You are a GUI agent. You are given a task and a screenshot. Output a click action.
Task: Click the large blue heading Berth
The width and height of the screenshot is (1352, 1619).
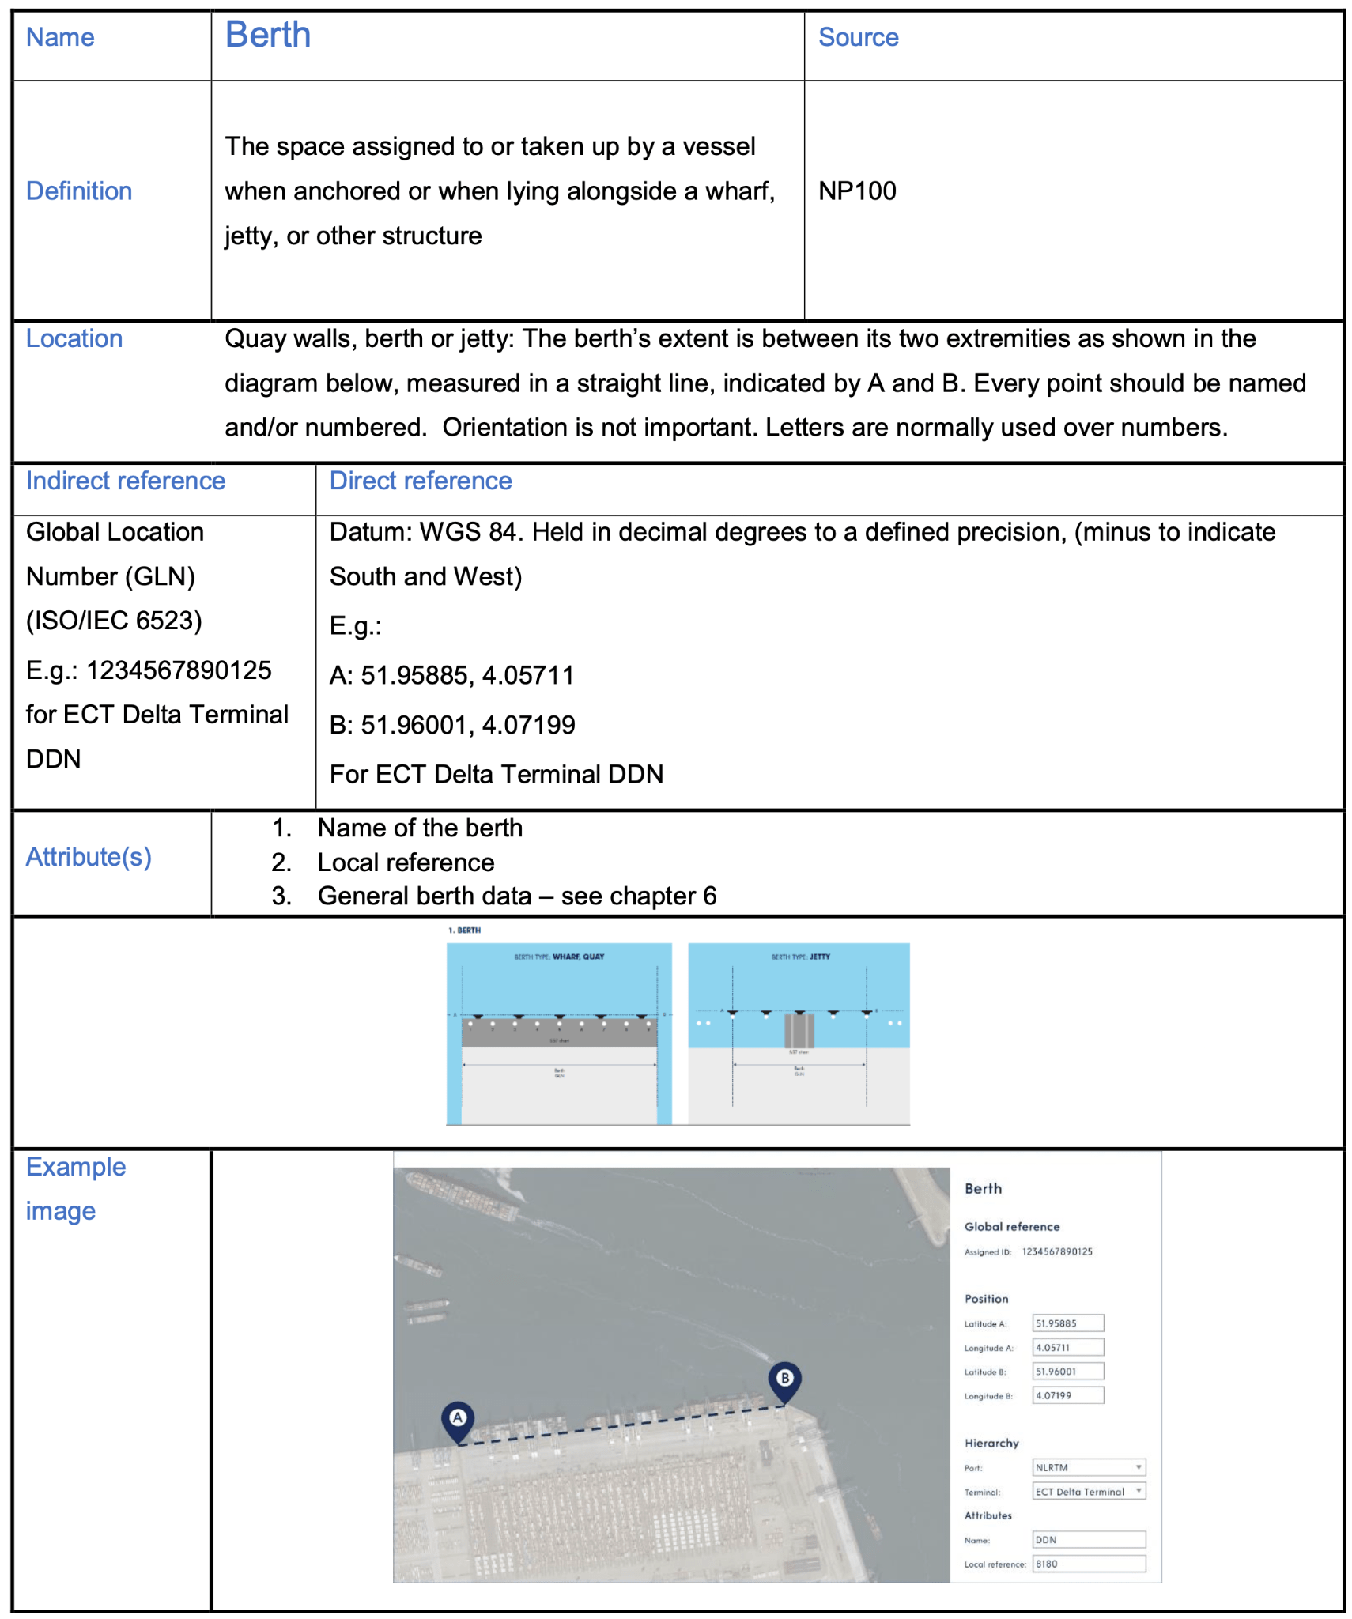(267, 36)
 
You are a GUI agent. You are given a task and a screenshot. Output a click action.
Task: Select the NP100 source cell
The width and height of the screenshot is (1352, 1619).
(856, 191)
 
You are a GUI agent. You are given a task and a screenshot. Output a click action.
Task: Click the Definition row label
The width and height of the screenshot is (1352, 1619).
(78, 191)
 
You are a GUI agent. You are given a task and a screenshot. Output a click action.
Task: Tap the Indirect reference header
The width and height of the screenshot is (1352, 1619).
(125, 481)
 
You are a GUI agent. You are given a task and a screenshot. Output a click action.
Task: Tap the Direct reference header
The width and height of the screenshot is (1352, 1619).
(420, 481)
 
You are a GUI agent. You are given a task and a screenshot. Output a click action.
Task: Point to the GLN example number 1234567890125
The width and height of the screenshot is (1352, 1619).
(179, 670)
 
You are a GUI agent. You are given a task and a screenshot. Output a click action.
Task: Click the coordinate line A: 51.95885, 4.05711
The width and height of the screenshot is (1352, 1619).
(451, 675)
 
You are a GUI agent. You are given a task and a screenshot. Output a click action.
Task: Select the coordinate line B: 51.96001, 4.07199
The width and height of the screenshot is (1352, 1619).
(451, 725)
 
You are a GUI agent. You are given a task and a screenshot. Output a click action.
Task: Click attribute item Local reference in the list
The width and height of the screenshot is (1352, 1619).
(406, 862)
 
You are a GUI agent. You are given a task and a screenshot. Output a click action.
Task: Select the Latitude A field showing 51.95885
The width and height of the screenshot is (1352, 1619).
(1067, 1323)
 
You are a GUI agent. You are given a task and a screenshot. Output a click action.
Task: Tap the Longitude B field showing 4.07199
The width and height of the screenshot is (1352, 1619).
(1067, 1395)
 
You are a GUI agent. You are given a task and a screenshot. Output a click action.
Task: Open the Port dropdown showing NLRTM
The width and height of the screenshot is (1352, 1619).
(1088, 1467)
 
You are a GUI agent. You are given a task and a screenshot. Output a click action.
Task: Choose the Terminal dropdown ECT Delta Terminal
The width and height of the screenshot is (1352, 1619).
(1088, 1492)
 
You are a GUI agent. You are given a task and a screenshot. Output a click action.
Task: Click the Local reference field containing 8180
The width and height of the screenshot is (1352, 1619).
(1088, 1564)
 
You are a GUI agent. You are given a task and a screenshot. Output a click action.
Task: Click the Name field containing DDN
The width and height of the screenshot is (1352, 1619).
(1088, 1540)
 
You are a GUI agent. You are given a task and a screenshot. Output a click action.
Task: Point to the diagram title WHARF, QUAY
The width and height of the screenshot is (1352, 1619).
(577, 957)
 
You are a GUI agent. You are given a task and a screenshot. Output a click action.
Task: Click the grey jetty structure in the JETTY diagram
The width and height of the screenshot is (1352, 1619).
(799, 1031)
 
